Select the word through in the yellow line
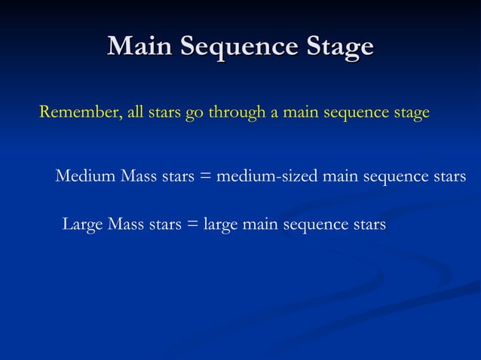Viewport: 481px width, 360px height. click(236, 113)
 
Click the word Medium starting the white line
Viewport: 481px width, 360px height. click(84, 177)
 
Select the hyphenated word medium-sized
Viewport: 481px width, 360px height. click(267, 177)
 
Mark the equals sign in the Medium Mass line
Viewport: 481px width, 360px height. click(204, 178)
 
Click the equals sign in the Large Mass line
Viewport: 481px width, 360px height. click(191, 224)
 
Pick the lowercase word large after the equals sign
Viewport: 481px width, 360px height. click(219, 225)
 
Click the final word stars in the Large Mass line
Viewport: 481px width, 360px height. click(367, 224)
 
